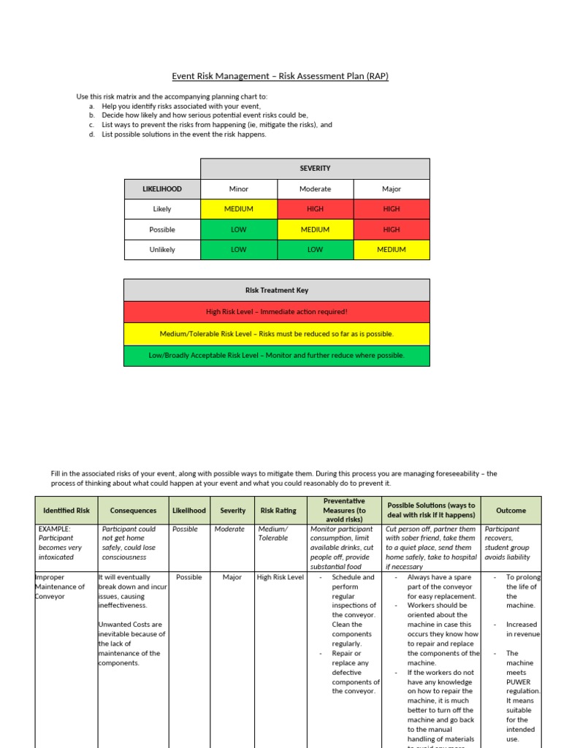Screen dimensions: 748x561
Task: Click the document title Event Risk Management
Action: coord(280,76)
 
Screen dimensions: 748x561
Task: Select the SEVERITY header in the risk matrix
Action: coord(315,168)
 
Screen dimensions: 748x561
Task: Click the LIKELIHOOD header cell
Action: coord(162,188)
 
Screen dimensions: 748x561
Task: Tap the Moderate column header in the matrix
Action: coord(315,188)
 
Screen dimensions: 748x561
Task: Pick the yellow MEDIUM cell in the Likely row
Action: coord(238,209)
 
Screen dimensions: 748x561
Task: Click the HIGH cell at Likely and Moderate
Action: coord(315,209)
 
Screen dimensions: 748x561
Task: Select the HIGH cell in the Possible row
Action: coord(392,229)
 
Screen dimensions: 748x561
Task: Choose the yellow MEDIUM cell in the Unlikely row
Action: coord(392,250)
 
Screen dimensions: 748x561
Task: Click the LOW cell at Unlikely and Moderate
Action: coord(315,250)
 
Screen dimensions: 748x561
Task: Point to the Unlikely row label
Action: coord(162,250)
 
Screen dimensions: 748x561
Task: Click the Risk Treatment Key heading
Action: coord(277,290)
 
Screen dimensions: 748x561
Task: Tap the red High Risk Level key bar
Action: coord(277,312)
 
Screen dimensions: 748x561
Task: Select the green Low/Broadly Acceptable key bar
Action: coord(277,356)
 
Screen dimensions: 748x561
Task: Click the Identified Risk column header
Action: coord(66,511)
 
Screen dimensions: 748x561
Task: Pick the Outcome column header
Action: coord(511,511)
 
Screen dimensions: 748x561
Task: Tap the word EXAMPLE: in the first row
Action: coord(55,529)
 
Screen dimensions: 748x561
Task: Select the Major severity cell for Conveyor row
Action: coord(232,577)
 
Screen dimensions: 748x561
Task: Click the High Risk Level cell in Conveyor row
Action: coord(280,577)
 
